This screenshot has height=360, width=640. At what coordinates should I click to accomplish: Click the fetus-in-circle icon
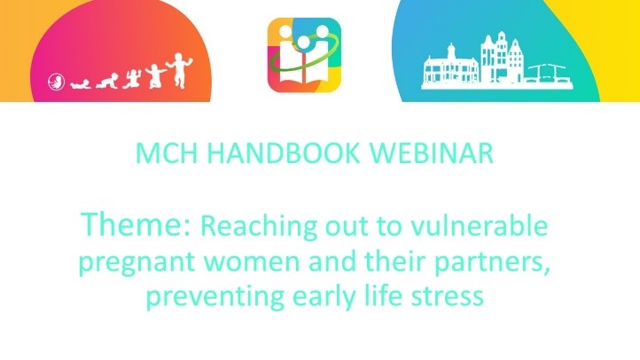[57, 82]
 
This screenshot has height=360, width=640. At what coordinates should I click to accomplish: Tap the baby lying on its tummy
[81, 84]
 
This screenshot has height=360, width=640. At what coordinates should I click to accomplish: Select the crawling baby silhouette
[107, 81]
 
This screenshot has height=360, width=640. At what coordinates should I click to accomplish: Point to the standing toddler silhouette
[178, 70]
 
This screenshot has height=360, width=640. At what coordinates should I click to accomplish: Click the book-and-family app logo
[304, 55]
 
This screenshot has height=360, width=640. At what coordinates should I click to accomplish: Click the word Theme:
[136, 224]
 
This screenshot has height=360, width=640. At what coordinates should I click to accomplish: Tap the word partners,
[492, 262]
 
